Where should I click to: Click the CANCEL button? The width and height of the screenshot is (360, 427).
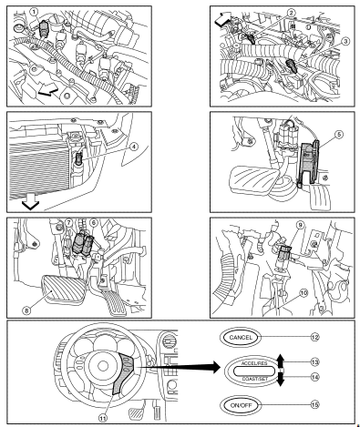(x=241, y=337)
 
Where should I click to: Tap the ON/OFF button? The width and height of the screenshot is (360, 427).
(x=241, y=405)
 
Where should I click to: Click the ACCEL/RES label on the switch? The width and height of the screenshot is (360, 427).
(x=254, y=363)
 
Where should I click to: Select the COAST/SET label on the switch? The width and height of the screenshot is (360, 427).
(x=254, y=379)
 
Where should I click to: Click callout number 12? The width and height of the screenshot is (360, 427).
(x=315, y=337)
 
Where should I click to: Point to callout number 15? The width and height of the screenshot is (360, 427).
(x=315, y=405)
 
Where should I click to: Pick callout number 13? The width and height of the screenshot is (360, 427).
(x=315, y=362)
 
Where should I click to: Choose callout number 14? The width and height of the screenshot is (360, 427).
(x=315, y=377)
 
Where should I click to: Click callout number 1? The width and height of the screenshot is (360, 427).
(x=34, y=12)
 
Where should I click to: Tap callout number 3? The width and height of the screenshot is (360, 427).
(x=345, y=42)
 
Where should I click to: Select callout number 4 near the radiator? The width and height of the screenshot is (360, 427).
(x=133, y=147)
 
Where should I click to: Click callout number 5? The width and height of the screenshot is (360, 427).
(x=339, y=134)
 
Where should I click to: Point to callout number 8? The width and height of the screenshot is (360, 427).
(x=26, y=310)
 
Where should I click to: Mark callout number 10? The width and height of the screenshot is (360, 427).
(x=303, y=293)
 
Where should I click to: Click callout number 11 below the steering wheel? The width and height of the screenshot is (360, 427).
(x=103, y=418)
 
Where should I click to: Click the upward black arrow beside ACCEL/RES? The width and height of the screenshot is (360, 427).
(x=281, y=361)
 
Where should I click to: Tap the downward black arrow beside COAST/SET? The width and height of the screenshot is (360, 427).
(x=281, y=379)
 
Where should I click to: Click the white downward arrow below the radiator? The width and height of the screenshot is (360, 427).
(x=31, y=204)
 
